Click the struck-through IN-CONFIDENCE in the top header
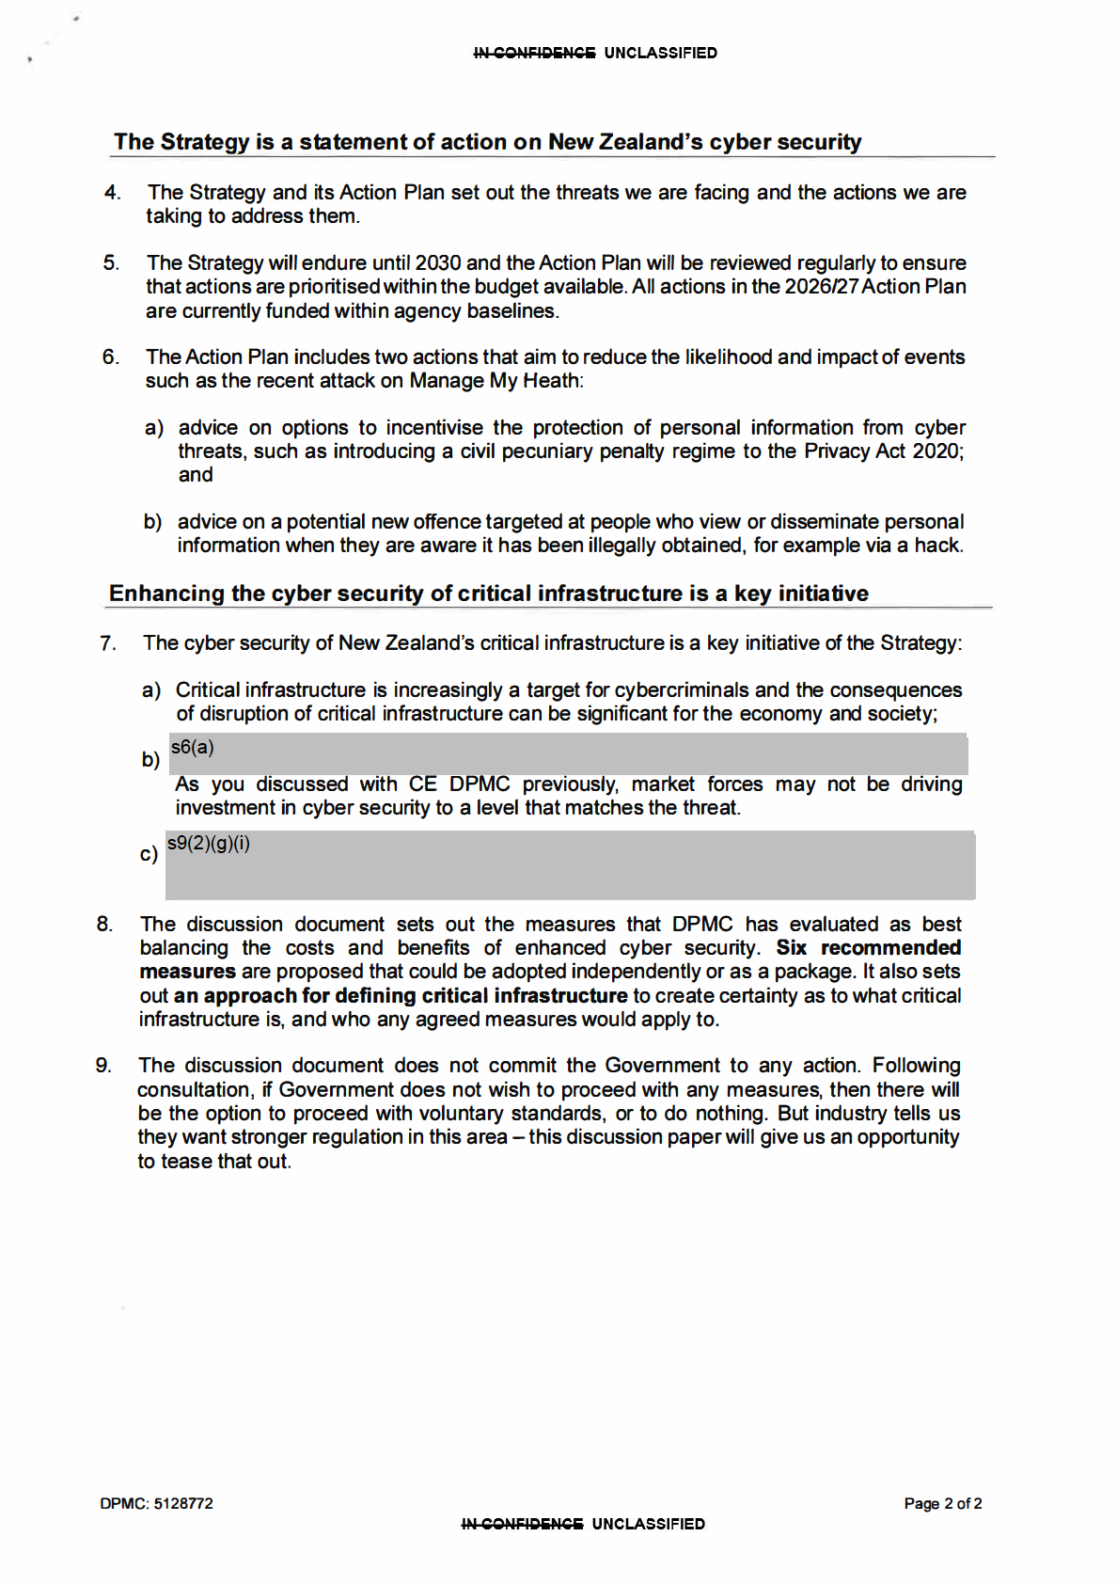pyautogui.click(x=534, y=54)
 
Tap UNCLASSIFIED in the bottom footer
pyautogui.click(x=648, y=1524)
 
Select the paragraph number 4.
pyautogui.click(x=113, y=193)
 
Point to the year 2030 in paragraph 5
pyautogui.click(x=437, y=263)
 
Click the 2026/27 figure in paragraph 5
pyautogui.click(x=820, y=287)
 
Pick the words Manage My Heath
pyautogui.click(x=495, y=381)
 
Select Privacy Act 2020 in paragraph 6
pyautogui.click(x=882, y=451)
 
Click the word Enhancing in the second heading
pyautogui.click(x=166, y=594)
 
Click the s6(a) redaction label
pyautogui.click(x=193, y=748)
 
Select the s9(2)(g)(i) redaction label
pyautogui.click(x=209, y=844)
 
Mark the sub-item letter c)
pyautogui.click(x=149, y=854)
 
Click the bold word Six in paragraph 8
pyautogui.click(x=791, y=948)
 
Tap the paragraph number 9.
pyautogui.click(x=103, y=1066)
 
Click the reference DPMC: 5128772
pyautogui.click(x=157, y=1503)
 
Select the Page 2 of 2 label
pyautogui.click(x=942, y=1503)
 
